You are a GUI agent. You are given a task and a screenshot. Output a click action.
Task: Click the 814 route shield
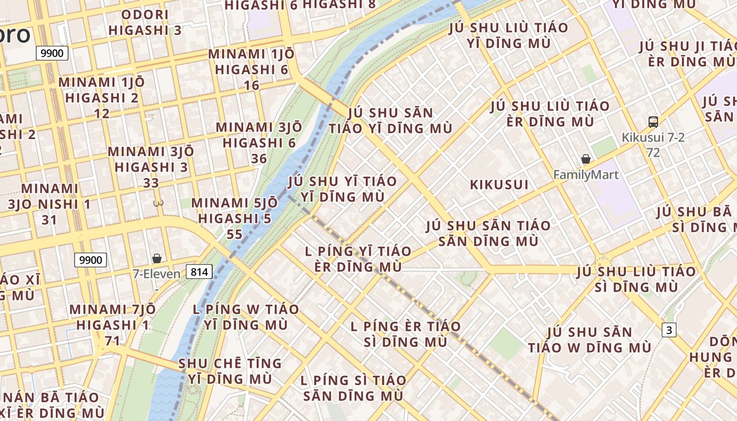(199, 272)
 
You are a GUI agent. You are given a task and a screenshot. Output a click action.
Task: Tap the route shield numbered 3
(669, 330)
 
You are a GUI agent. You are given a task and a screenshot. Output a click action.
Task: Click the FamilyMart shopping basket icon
(585, 159)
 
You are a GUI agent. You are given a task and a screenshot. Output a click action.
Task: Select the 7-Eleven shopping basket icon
(156, 258)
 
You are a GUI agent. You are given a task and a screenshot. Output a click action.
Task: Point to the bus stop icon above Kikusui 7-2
(653, 122)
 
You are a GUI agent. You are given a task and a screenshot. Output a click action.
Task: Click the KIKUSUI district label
(499, 185)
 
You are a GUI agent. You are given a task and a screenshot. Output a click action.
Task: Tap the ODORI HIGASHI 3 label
(145, 22)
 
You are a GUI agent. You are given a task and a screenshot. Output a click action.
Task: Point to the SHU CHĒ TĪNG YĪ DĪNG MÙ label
(230, 371)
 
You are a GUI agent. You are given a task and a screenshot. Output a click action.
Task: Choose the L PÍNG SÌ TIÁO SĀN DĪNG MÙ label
(353, 388)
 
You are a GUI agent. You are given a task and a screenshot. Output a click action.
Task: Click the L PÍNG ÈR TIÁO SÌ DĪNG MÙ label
(405, 334)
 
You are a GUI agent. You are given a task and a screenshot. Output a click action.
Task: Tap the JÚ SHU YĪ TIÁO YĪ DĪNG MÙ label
(342, 189)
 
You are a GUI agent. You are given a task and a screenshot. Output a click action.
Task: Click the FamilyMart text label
(586, 175)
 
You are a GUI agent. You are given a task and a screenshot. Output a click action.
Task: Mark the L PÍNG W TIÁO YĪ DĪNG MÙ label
(246, 317)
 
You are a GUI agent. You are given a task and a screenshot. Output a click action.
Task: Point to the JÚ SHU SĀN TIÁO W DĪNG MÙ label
(590, 340)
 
